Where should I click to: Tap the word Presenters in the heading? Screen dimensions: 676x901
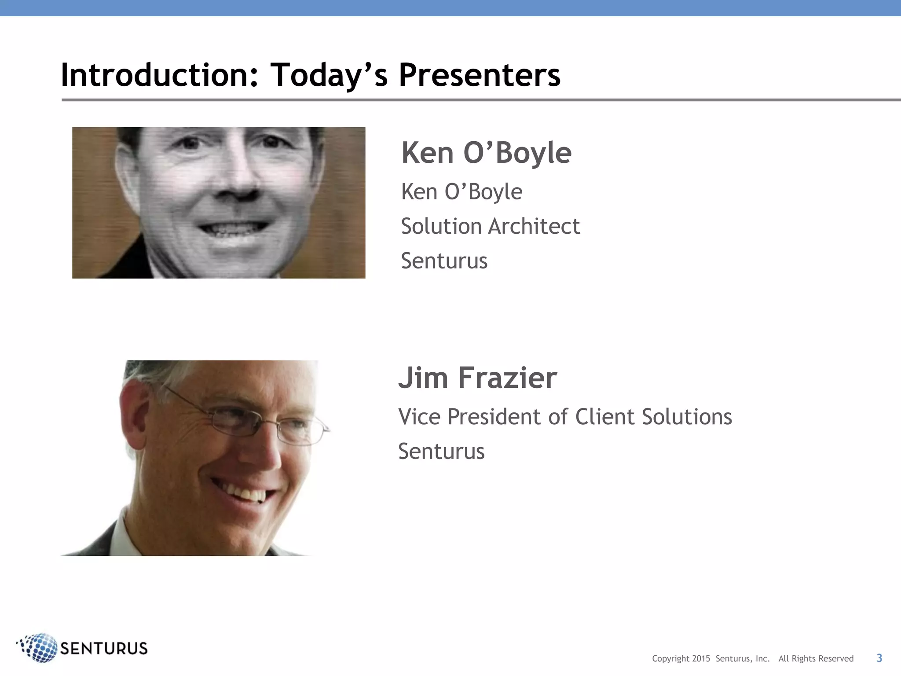pyautogui.click(x=479, y=75)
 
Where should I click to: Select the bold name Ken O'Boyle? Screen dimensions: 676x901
pyautogui.click(x=486, y=153)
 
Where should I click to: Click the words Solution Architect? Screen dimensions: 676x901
pyautogui.click(x=490, y=226)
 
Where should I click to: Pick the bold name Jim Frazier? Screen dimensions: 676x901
pyautogui.click(x=477, y=378)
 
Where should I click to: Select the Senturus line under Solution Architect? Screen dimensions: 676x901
pyautogui.click(x=444, y=261)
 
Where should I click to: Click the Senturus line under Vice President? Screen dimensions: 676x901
pyautogui.click(x=441, y=452)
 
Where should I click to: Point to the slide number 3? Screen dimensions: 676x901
pyautogui.click(x=879, y=658)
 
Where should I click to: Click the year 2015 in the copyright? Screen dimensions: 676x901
pyautogui.click(x=701, y=658)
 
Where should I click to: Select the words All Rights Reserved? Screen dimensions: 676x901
pyautogui.click(x=816, y=658)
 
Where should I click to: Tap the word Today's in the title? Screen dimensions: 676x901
pyautogui.click(x=329, y=75)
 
